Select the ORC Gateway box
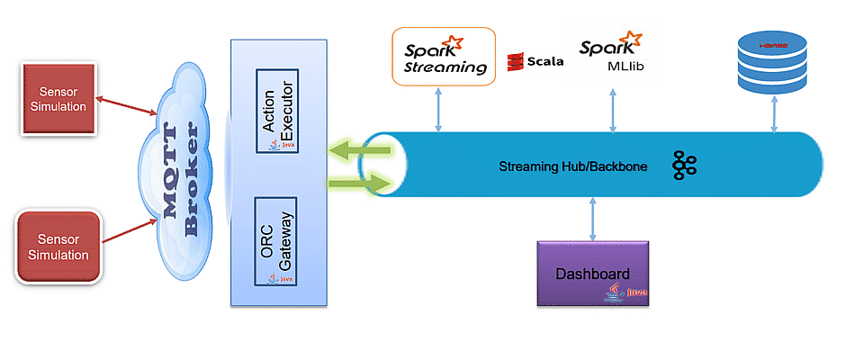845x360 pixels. click(276, 242)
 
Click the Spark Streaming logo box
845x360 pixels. click(445, 56)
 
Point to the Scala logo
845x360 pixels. click(536, 61)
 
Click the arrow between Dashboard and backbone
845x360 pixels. click(591, 220)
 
